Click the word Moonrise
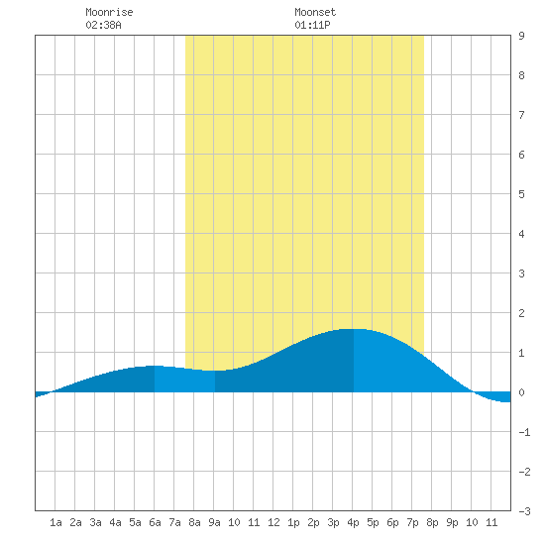pyautogui.click(x=109, y=12)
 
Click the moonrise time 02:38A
pyautogui.click(x=104, y=25)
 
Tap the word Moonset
pyautogui.click(x=315, y=12)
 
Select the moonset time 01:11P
pyautogui.click(x=312, y=25)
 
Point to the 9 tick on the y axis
pyautogui.click(x=521, y=36)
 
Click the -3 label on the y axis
pyautogui.click(x=524, y=511)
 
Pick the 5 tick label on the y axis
pyautogui.click(x=521, y=194)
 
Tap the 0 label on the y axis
pyautogui.click(x=521, y=392)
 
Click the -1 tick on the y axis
pyautogui.click(x=524, y=432)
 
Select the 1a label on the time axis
pyautogui.click(x=55, y=522)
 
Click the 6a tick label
pyautogui.click(x=155, y=522)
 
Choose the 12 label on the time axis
pyautogui.click(x=273, y=522)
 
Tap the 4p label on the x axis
pyautogui.click(x=353, y=522)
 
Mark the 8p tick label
pyautogui.click(x=432, y=522)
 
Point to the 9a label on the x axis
pyautogui.click(x=214, y=522)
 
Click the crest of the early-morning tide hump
pyautogui.click(x=154, y=366)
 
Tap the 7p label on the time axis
pyautogui.click(x=412, y=522)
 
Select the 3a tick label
pyautogui.click(x=95, y=522)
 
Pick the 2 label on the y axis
pyautogui.click(x=521, y=313)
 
